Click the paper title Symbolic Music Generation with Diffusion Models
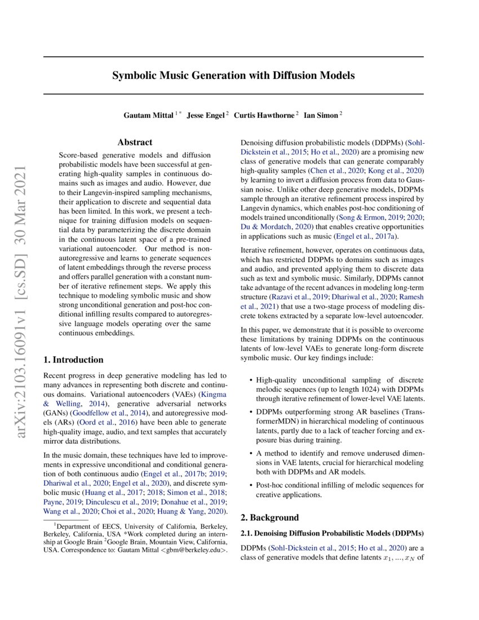point(233,75)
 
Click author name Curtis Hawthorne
point(264,115)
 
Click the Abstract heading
point(135,143)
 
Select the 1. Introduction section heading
point(73,360)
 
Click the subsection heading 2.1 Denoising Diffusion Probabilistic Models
point(332,533)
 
